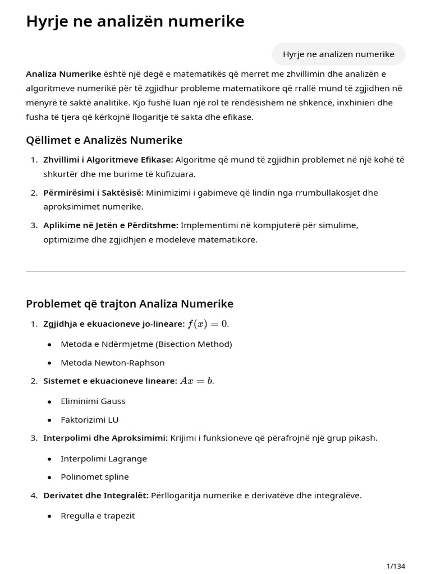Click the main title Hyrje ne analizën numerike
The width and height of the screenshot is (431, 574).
click(x=135, y=21)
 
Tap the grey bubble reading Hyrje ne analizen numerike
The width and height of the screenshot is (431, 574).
click(x=338, y=54)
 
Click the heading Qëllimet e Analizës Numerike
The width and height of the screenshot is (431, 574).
click(x=104, y=140)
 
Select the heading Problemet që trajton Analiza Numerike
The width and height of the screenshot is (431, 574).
click(x=130, y=304)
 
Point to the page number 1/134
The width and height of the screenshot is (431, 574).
click(x=396, y=566)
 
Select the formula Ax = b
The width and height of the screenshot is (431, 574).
click(x=196, y=381)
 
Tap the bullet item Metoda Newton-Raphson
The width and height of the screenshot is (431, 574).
click(x=105, y=363)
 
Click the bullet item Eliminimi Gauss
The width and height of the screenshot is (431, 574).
click(x=93, y=401)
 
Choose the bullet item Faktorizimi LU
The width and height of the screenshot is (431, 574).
click(x=90, y=420)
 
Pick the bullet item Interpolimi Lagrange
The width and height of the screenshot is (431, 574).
click(x=104, y=459)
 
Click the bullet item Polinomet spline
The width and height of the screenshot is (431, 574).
click(x=95, y=477)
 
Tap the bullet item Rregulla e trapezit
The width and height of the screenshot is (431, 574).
click(x=98, y=516)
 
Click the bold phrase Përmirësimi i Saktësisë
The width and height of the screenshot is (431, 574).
click(x=93, y=193)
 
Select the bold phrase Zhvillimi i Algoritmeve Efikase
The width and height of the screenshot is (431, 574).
click(x=108, y=160)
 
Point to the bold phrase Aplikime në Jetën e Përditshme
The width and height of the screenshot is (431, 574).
click(x=111, y=225)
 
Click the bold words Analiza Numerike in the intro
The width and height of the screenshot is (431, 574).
click(x=63, y=74)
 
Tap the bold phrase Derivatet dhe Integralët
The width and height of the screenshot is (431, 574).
click(x=95, y=496)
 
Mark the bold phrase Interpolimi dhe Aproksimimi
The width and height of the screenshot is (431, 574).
click(x=106, y=438)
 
